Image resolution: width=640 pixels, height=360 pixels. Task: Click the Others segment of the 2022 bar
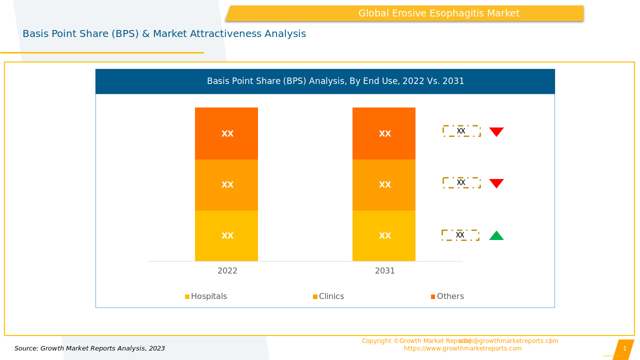pyautogui.click(x=226, y=133)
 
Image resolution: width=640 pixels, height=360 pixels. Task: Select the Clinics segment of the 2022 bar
pyautogui.click(x=226, y=185)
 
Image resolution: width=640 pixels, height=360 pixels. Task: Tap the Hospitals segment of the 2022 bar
pyautogui.click(x=226, y=235)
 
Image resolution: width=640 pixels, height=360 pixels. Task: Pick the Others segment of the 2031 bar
pyautogui.click(x=384, y=133)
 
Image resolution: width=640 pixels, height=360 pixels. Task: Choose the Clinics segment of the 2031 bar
pyautogui.click(x=384, y=185)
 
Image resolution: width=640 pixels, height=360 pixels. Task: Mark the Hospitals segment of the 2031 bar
pyautogui.click(x=384, y=235)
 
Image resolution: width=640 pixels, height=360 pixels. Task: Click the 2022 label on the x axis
pyautogui.click(x=227, y=271)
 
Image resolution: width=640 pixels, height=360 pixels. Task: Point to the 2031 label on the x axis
pyautogui.click(x=385, y=271)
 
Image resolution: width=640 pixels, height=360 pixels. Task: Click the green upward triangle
pyautogui.click(x=496, y=236)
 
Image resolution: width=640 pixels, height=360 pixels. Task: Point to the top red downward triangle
pyautogui.click(x=496, y=131)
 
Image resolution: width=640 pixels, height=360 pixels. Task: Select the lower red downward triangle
pyautogui.click(x=496, y=183)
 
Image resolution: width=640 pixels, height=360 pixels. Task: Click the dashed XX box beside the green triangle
pyautogui.click(x=460, y=235)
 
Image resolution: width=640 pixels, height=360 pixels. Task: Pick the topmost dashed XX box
pyautogui.click(x=461, y=131)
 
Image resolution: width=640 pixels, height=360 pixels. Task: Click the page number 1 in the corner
pyautogui.click(x=624, y=348)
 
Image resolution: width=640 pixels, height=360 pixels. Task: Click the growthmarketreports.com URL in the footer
pyautogui.click(x=462, y=348)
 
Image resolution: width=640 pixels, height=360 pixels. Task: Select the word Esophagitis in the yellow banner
pyautogui.click(x=461, y=13)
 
